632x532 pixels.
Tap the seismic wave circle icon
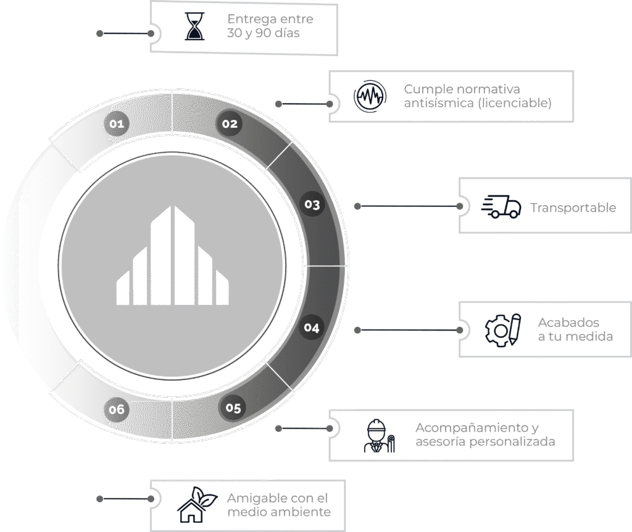click(x=370, y=96)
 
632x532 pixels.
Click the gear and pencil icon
click(x=502, y=329)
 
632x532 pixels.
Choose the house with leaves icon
click(x=194, y=505)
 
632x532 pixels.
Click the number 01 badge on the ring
click(x=117, y=124)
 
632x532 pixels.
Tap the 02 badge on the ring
click(x=230, y=124)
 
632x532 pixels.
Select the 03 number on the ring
click(x=312, y=205)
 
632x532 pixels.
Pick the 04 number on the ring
click(x=312, y=327)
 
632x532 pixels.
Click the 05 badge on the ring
click(x=233, y=408)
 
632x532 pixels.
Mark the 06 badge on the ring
click(x=117, y=409)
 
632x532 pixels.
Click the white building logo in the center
click(x=172, y=256)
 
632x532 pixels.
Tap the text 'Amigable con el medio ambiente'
click(x=278, y=505)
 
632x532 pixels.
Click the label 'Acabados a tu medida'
click(x=575, y=329)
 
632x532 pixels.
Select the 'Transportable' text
click(x=573, y=208)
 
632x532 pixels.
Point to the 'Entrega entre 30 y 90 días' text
click(x=269, y=27)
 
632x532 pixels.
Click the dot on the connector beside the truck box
click(x=357, y=206)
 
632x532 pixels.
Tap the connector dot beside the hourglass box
click(x=99, y=33)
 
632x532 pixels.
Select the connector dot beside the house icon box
click(x=99, y=497)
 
